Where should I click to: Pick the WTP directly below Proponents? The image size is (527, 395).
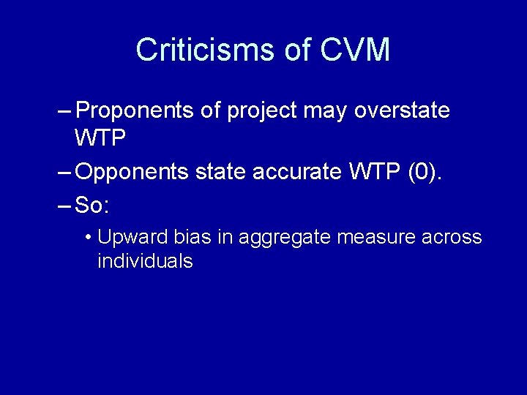click(x=101, y=137)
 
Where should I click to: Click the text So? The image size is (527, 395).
click(x=92, y=206)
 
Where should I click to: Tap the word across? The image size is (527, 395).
click(x=453, y=238)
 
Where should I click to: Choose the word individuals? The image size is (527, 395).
click(x=145, y=261)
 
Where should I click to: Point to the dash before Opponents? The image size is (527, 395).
click(x=63, y=173)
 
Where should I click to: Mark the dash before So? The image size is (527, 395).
click(x=63, y=206)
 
